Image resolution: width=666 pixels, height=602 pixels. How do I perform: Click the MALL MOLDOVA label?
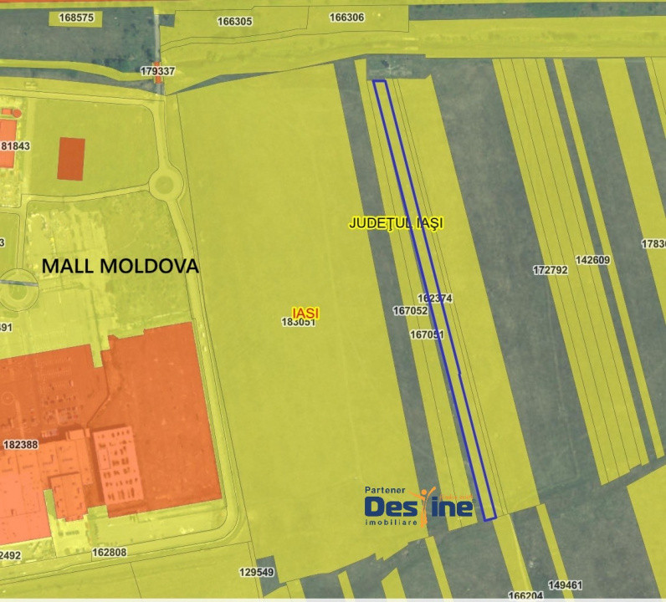click(x=120, y=267)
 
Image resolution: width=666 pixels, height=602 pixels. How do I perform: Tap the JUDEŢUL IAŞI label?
click(x=396, y=223)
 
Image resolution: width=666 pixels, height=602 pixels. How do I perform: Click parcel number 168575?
click(x=77, y=17)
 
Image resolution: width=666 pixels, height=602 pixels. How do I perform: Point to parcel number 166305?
click(x=234, y=22)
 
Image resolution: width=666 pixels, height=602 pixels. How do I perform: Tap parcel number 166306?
click(x=346, y=17)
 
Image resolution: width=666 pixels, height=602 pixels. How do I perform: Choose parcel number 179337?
click(x=157, y=71)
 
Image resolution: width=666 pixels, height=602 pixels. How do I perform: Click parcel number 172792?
click(x=550, y=270)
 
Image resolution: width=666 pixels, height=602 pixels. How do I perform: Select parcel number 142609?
click(x=592, y=260)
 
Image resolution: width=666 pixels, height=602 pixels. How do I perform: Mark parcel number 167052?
click(x=410, y=310)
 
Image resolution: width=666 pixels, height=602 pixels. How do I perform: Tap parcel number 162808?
click(x=109, y=552)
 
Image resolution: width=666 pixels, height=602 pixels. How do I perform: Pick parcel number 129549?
click(x=256, y=573)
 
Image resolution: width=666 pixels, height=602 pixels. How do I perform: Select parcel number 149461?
click(x=565, y=584)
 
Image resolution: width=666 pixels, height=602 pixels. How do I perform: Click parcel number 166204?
click(x=525, y=596)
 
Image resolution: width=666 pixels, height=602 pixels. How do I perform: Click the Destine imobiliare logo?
click(x=418, y=507)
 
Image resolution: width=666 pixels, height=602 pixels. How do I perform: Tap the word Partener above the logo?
click(x=385, y=491)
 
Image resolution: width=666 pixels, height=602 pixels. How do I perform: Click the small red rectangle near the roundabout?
click(x=71, y=158)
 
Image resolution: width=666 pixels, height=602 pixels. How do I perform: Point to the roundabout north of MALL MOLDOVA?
click(x=165, y=182)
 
